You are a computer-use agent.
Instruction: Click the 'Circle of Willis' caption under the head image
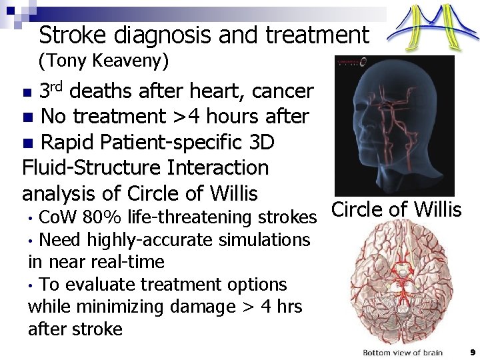point(397,209)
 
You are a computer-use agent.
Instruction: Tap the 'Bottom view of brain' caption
point(402,352)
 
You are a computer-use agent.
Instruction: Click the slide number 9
point(472,352)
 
